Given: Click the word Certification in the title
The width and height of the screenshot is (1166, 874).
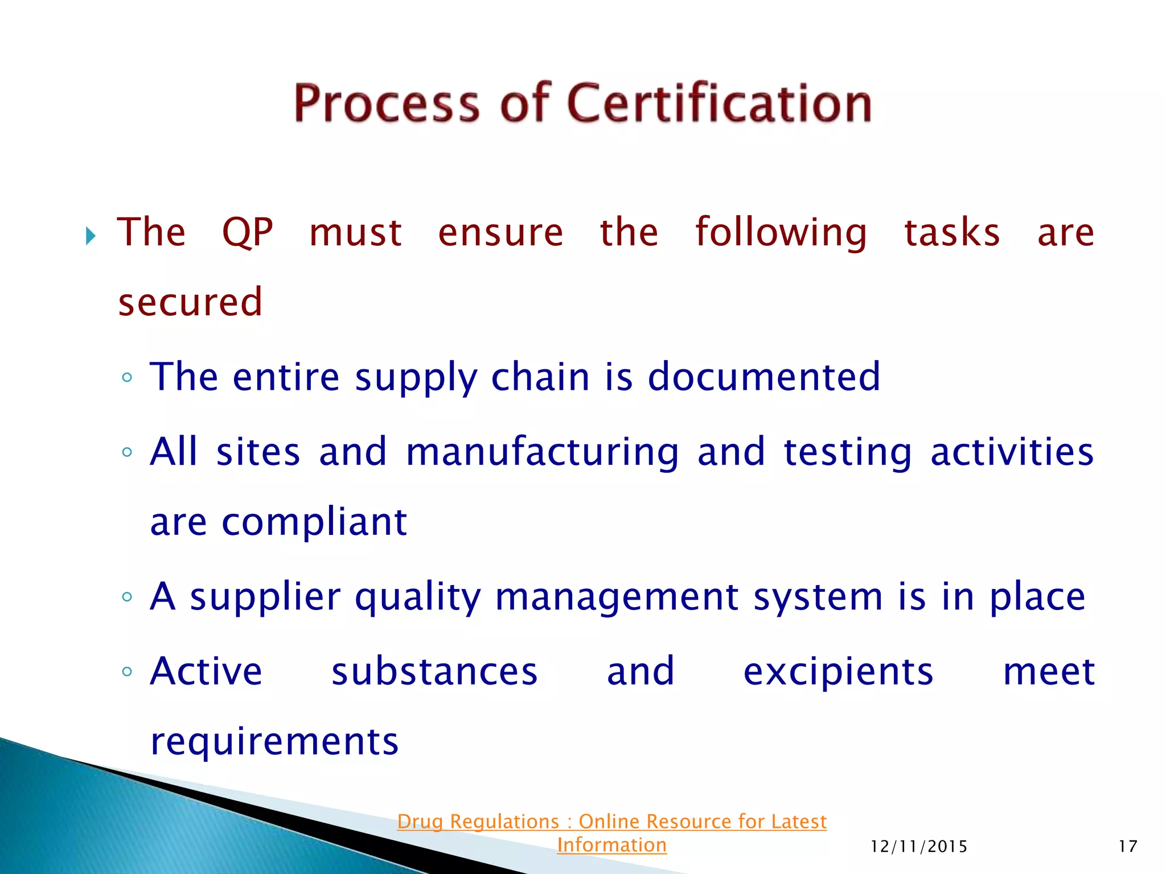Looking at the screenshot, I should pos(720,103).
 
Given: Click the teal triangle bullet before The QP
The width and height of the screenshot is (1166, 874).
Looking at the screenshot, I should pos(91,236).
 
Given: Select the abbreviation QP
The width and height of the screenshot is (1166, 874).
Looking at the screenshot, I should pos(248,233).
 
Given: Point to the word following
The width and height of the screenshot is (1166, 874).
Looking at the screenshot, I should pos(781,233).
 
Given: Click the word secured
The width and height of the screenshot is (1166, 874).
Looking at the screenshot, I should pos(190,302).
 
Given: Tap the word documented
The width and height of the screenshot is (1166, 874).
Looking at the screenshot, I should pos(764,377).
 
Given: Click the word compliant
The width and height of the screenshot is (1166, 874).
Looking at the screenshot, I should pos(314,522).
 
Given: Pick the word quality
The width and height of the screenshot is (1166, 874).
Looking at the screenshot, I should pos(418,597).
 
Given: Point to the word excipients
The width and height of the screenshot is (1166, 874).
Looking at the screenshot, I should pos(838,673).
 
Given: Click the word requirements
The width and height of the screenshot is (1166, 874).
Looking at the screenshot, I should pos(274,742).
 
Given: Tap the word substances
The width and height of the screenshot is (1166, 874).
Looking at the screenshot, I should pos(434,672).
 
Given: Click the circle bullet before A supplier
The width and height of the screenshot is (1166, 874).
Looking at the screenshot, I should pos(127,597).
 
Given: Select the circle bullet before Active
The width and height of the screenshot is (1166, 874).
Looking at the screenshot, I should pos(127,672).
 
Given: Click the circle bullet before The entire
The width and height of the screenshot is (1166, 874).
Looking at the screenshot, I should pos(127,377).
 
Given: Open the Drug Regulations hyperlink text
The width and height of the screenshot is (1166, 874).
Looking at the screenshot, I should pos(611,822).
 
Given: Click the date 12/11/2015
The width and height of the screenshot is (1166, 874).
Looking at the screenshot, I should pos(919,847).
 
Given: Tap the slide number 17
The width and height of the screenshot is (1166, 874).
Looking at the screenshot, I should pos(1127,847).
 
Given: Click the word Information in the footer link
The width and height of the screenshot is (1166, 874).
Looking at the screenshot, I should pos(611,845).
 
